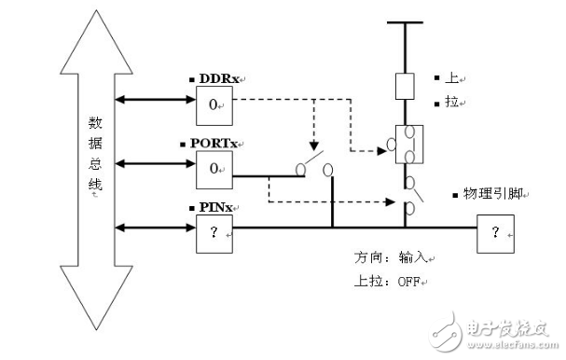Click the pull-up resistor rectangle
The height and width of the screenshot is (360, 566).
click(405, 86)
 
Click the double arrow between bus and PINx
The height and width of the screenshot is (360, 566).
click(154, 227)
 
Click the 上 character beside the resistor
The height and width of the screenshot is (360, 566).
click(440, 76)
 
